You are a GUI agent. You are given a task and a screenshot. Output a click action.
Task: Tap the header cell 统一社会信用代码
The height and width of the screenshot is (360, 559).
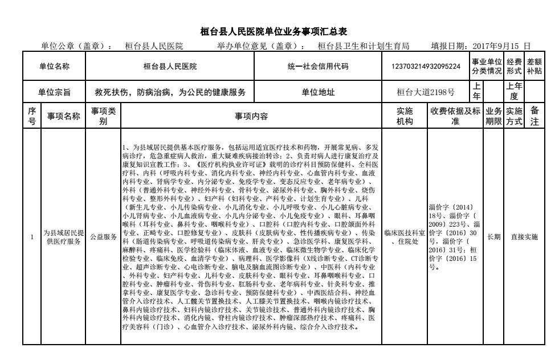pyautogui.click(x=317, y=67)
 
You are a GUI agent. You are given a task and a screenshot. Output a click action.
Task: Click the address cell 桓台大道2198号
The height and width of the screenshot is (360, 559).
pyautogui.click(x=426, y=91)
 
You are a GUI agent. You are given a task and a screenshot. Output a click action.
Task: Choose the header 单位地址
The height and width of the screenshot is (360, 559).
pyautogui.click(x=317, y=91)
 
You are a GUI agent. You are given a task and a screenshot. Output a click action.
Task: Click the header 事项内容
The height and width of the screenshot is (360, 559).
pyautogui.click(x=251, y=116)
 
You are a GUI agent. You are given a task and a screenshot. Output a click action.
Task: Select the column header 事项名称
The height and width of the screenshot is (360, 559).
pyautogui.click(x=63, y=116)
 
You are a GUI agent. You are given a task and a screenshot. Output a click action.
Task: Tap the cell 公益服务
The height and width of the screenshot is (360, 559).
pyautogui.click(x=103, y=237)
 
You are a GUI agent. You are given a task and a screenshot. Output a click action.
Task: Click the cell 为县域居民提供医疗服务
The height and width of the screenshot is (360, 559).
pyautogui.click(x=63, y=237)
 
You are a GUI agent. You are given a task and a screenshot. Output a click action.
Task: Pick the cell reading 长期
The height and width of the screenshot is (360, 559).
pyautogui.click(x=493, y=237)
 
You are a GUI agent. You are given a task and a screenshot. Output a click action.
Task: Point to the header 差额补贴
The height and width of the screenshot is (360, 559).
pyautogui.click(x=534, y=67)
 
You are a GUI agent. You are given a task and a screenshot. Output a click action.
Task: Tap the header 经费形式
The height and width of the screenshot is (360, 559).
pyautogui.click(x=514, y=67)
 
